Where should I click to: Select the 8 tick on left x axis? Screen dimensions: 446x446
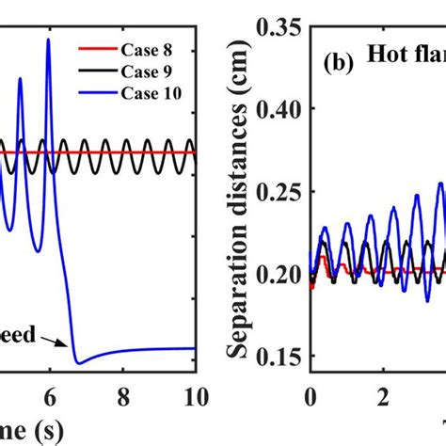(x=123, y=392)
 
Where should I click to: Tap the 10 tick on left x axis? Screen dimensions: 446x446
(x=195, y=392)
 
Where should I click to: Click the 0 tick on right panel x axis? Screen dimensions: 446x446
(x=311, y=392)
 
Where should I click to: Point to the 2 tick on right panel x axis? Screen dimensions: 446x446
(x=383, y=392)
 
